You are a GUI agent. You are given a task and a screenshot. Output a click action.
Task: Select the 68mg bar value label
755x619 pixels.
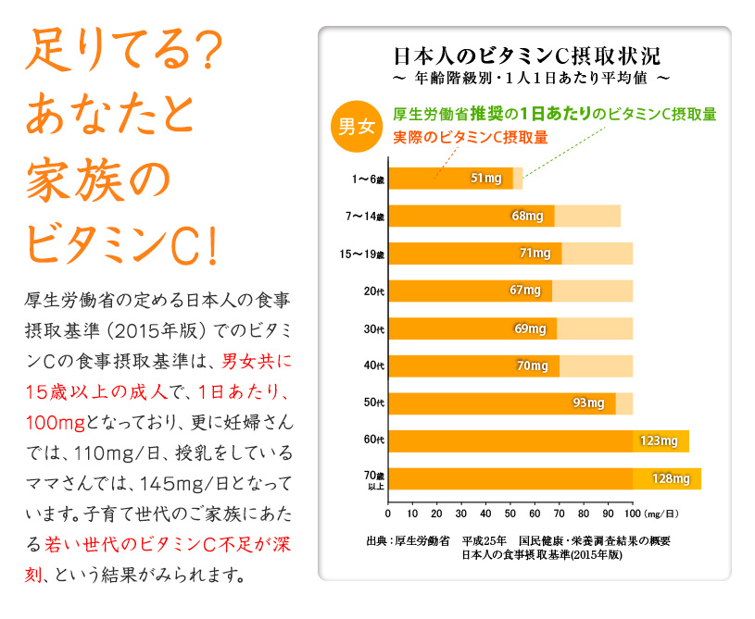tap(527, 216)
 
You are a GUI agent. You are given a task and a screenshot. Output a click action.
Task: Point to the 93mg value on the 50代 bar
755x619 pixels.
tap(589, 402)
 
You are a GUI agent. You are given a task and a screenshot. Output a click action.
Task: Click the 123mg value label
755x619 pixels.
tap(659, 440)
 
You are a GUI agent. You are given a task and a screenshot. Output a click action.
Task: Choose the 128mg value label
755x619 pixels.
tap(671, 478)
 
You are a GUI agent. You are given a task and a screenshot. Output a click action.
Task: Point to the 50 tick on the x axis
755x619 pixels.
tap(510, 512)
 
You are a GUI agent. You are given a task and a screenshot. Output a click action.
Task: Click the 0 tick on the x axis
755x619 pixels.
tap(388, 512)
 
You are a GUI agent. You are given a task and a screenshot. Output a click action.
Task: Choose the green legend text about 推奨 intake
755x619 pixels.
tap(555, 114)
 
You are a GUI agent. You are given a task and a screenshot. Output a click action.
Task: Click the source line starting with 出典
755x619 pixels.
tap(519, 540)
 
